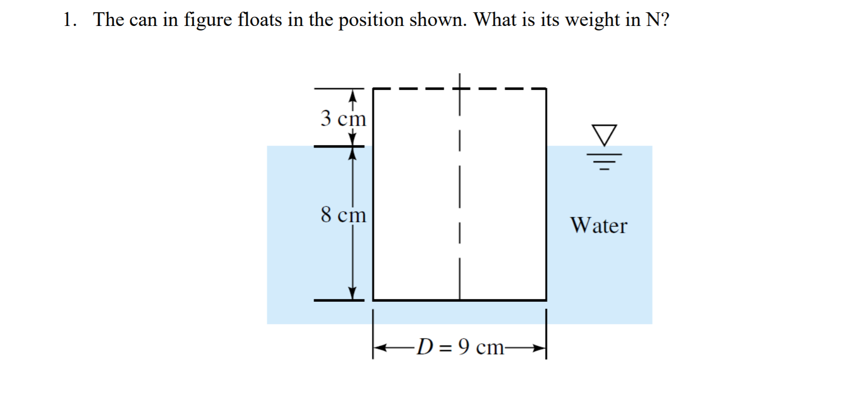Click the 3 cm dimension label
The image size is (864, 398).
pyautogui.click(x=343, y=118)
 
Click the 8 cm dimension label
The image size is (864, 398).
pyautogui.click(x=343, y=215)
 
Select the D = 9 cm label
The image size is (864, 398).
pyautogui.click(x=461, y=347)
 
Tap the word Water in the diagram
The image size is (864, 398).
pyautogui.click(x=599, y=225)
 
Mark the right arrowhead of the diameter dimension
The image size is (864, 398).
pyautogui.click(x=539, y=348)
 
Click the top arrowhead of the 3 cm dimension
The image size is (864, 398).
pyautogui.click(x=352, y=95)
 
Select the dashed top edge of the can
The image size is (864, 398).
pyautogui.click(x=459, y=89)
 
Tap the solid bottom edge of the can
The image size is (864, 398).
pyautogui.click(x=459, y=300)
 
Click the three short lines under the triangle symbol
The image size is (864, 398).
pyautogui.click(x=605, y=162)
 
